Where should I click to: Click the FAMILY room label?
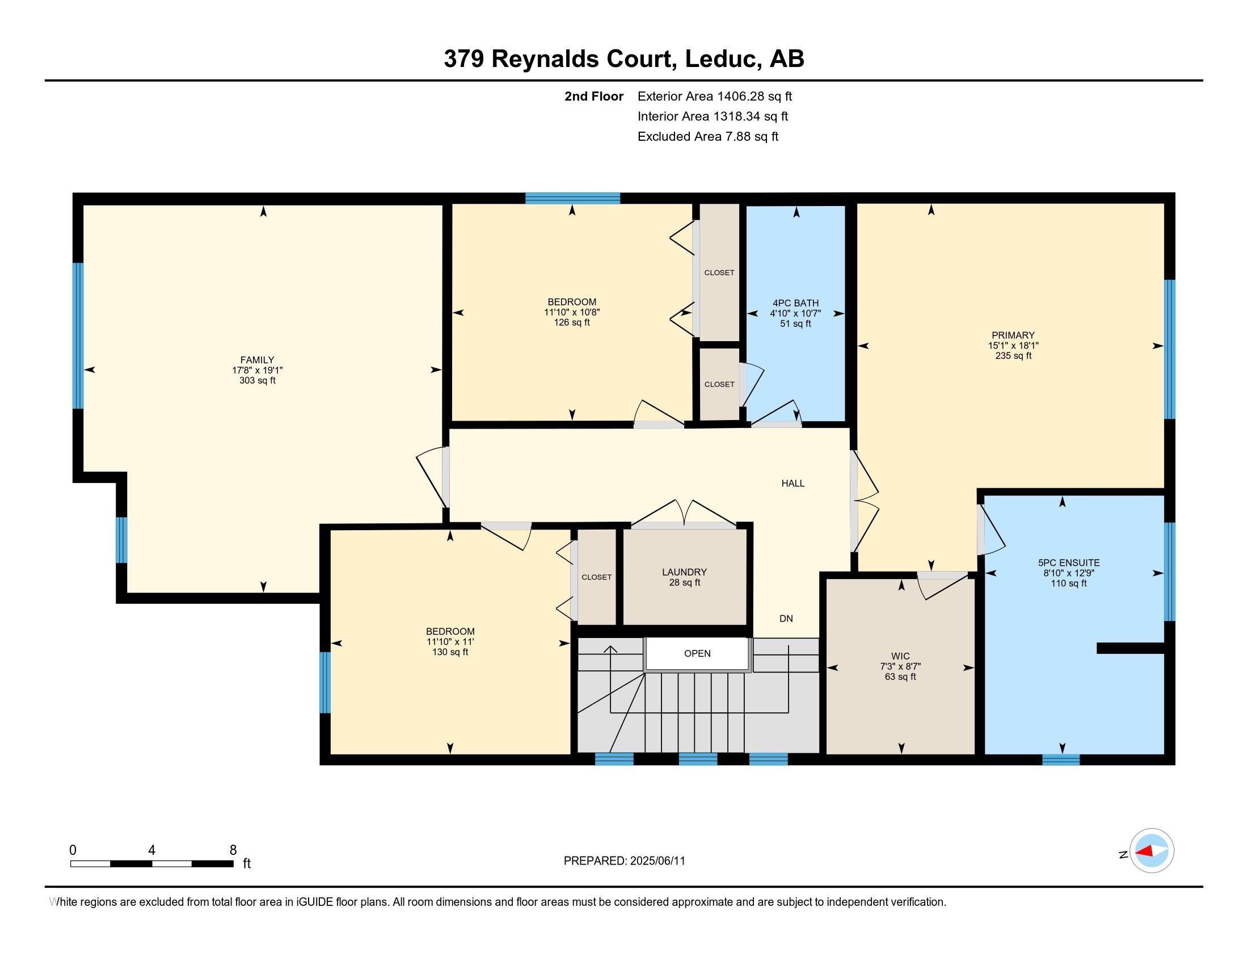coord(257,360)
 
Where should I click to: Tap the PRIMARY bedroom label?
coord(1013,335)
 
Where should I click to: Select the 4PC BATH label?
coord(795,303)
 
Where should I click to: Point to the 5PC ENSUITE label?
coord(1069,563)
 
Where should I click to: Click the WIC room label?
coord(900,656)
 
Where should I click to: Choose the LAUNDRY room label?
coord(685,572)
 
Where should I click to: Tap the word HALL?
coord(793,484)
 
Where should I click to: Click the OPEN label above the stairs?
coord(697,653)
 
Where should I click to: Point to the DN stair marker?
coord(786,619)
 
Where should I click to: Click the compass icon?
coord(1152,850)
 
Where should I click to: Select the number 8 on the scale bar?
coord(233,850)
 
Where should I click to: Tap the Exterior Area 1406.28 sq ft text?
coord(715,96)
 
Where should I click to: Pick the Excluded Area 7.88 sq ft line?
coord(708,137)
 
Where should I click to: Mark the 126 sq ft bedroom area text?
coord(572,323)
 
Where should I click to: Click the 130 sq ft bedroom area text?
coord(450,652)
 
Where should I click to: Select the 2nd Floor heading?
coord(594,96)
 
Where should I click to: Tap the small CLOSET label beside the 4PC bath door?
coord(719,385)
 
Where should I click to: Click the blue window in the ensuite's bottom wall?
coord(1061,760)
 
